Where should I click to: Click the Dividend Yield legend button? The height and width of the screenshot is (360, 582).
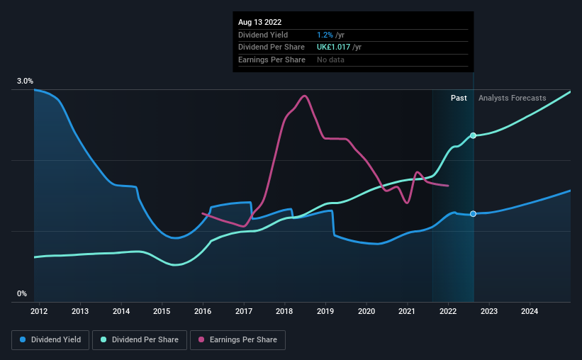pos(50,340)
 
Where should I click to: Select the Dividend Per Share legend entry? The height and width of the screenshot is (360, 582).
pos(140,340)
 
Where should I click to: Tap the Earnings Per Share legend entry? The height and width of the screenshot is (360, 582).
pos(237,340)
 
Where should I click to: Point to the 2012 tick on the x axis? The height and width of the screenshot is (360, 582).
pos(39,311)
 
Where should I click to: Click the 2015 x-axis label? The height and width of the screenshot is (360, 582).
pos(162,311)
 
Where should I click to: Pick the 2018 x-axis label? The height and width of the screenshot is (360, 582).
pos(284,311)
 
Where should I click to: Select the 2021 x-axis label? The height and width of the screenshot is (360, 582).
pos(407,311)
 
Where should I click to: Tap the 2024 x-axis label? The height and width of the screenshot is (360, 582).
pos(530,311)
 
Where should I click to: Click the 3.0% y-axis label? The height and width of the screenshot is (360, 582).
pos(25,81)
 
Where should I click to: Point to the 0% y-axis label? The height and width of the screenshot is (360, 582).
pos(22,293)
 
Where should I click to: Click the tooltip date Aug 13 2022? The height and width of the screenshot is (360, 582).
pos(260,22)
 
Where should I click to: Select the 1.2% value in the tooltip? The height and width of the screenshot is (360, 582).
pos(325,35)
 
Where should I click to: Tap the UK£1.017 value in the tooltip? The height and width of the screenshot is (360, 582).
pos(333,47)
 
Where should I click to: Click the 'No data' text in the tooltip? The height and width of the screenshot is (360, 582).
pos(330,60)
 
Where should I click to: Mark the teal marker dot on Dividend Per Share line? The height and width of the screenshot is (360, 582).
pos(473,135)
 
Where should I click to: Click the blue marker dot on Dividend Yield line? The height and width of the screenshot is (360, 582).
pos(473,214)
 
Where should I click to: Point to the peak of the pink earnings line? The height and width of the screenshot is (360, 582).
pos(304,96)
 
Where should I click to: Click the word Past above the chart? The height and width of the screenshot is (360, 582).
pos(459,98)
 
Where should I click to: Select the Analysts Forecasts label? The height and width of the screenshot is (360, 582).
pos(513,98)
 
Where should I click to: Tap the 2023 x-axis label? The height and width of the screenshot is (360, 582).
pos(489,311)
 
